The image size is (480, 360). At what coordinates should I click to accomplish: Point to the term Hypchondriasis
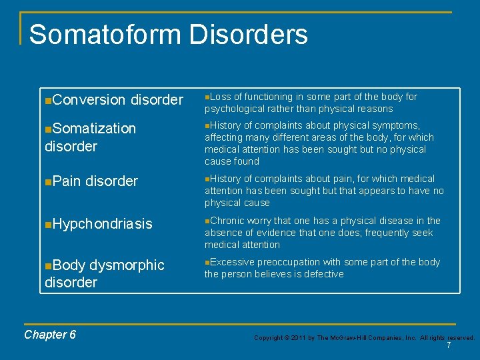click(x=102, y=224)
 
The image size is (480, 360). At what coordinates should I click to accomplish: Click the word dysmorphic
click(x=127, y=265)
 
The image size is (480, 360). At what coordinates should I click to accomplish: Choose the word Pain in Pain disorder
click(x=67, y=181)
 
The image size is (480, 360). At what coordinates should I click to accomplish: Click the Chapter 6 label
click(x=50, y=335)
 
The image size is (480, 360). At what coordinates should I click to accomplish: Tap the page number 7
click(x=449, y=345)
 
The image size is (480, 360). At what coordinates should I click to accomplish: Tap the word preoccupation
click(x=289, y=262)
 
